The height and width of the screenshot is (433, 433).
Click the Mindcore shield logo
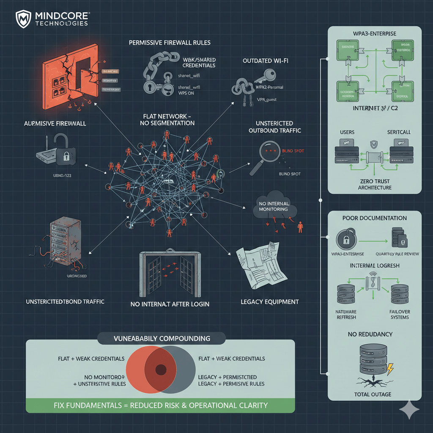tap(24, 19)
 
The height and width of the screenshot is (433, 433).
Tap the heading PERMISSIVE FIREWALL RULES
tap(170, 43)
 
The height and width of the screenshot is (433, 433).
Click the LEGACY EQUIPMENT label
tap(269, 301)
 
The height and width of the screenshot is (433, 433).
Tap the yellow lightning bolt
tap(389, 368)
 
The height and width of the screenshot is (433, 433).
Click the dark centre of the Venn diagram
tap(161, 369)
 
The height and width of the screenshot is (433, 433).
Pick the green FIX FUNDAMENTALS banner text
tap(161, 405)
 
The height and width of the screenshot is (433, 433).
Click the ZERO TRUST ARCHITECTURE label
tap(375, 184)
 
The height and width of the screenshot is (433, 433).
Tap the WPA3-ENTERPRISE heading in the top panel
tap(375, 33)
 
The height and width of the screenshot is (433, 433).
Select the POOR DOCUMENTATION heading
tap(375, 218)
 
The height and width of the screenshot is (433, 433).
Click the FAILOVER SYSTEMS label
tap(400, 314)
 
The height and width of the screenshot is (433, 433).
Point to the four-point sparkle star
tap(409, 410)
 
